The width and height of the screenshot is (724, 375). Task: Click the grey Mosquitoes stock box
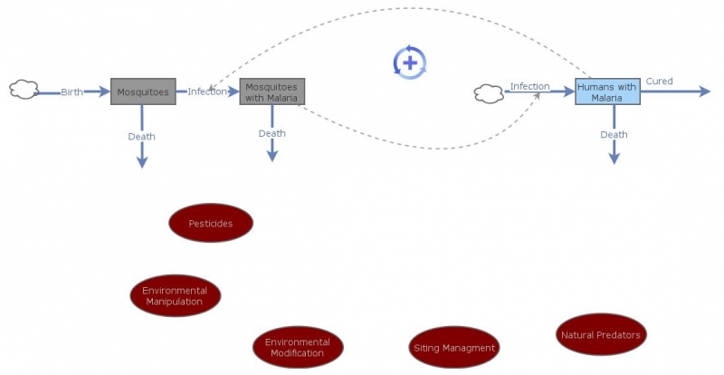[142, 91]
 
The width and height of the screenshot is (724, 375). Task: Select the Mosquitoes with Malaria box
[271, 91]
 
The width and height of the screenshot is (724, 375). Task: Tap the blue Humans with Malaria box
[607, 91]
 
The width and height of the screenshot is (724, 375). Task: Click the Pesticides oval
[211, 223]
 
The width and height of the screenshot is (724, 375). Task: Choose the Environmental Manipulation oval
[175, 296]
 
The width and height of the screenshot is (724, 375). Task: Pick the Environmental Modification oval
[298, 347]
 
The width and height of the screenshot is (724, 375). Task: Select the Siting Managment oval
[454, 347]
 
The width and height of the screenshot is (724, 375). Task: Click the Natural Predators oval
[601, 335]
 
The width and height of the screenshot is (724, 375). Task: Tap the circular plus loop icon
[409, 62]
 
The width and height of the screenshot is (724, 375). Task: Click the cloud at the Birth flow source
[24, 90]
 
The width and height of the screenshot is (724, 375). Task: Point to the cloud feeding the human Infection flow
[489, 92]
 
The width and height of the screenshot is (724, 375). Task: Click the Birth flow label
[72, 92]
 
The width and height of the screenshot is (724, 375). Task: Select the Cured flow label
[659, 81]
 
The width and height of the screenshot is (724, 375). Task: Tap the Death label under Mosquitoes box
[141, 137]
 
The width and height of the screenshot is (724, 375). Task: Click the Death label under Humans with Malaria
[614, 135]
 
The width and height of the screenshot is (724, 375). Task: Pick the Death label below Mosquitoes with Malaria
[271, 133]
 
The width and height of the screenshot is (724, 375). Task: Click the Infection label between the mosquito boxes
[207, 91]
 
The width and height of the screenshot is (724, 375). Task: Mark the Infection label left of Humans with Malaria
[529, 86]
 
